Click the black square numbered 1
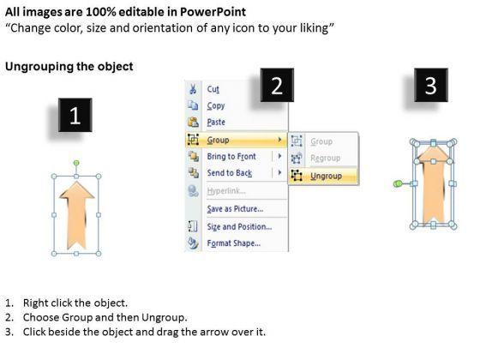(75, 115)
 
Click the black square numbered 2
(277, 85)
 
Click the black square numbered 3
(431, 85)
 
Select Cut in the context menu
(213, 89)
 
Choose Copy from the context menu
(216, 106)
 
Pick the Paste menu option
(216, 122)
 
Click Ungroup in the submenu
(326, 176)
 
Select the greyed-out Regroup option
(326, 159)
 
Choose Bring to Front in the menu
(231, 156)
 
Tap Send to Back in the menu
(230, 173)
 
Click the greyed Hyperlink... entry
(226, 191)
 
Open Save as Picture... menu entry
(235, 209)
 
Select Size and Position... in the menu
(239, 227)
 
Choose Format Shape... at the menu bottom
(234, 243)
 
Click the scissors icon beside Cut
(193, 89)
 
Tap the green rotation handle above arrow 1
(76, 163)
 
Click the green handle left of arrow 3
(398, 183)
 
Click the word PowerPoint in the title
(213, 12)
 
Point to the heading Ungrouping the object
(69, 67)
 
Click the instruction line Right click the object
(75, 303)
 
